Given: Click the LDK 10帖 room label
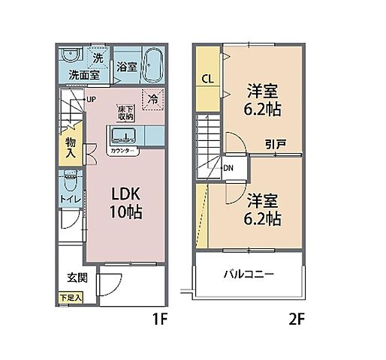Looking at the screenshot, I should click(123, 202).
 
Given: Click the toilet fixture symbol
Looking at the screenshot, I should click(70, 181).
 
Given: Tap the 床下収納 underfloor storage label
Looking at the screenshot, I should click(125, 112).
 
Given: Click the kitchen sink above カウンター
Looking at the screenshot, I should click(124, 136).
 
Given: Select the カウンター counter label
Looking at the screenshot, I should click(123, 151).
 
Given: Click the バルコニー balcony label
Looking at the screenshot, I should click(248, 274).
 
